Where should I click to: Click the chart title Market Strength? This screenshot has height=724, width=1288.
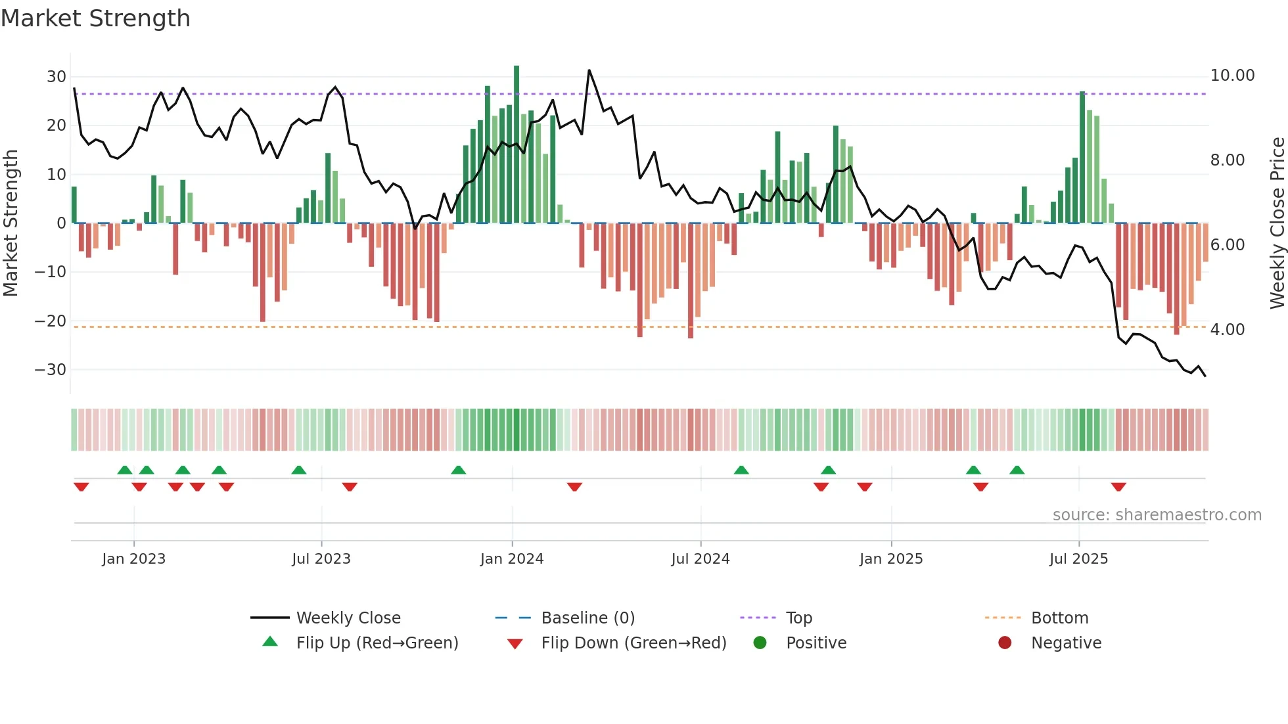tap(95, 18)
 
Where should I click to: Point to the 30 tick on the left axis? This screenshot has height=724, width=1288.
tap(57, 77)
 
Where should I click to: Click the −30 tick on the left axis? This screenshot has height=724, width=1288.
tap(51, 370)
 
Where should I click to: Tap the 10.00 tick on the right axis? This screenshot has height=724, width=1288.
tap(1232, 76)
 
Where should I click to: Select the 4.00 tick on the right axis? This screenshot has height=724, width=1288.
tap(1227, 330)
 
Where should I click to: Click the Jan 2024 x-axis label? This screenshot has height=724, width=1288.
tap(512, 559)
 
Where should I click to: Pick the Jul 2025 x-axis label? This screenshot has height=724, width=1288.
tap(1078, 559)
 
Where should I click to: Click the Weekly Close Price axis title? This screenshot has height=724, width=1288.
tap(1277, 223)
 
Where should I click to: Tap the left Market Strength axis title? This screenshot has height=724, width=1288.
tap(11, 223)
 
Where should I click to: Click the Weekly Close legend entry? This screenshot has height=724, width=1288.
tap(348, 618)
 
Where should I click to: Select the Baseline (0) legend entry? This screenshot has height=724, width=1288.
tap(587, 618)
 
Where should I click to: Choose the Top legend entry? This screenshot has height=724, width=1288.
tap(799, 618)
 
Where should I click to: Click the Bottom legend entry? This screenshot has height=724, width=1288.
tap(1059, 618)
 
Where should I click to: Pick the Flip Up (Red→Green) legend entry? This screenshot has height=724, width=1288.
tap(377, 643)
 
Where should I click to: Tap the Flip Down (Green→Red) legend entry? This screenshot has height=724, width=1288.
tap(633, 643)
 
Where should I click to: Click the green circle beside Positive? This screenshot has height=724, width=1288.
tap(760, 643)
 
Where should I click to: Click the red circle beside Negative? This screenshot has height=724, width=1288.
tap(1005, 643)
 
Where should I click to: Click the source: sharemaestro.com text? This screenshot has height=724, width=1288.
tap(1157, 515)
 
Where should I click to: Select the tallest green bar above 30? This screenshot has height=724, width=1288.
tap(517, 145)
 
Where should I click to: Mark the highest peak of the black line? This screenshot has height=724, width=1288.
tap(589, 70)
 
